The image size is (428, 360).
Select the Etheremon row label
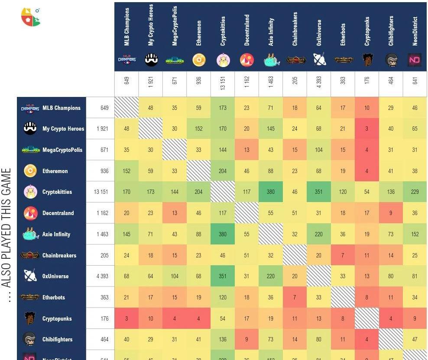tap(55, 171)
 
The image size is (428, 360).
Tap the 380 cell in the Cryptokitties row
tap(271, 192)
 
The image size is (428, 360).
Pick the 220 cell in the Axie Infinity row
tap(318, 234)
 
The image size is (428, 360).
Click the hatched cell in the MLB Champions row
tap(126, 108)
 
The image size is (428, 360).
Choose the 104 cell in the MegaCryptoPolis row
tap(318, 150)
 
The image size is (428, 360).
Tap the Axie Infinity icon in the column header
tap(271, 61)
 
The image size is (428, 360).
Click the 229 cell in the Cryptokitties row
tap(415, 192)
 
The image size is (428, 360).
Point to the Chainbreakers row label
tap(59, 255)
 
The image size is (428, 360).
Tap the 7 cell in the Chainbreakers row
tap(343, 255)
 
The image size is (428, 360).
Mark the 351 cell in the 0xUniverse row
tap(223, 276)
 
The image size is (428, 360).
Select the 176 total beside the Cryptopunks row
tap(104, 318)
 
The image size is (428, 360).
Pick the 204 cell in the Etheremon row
tap(223, 171)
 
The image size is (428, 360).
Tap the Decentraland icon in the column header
tap(246, 61)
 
